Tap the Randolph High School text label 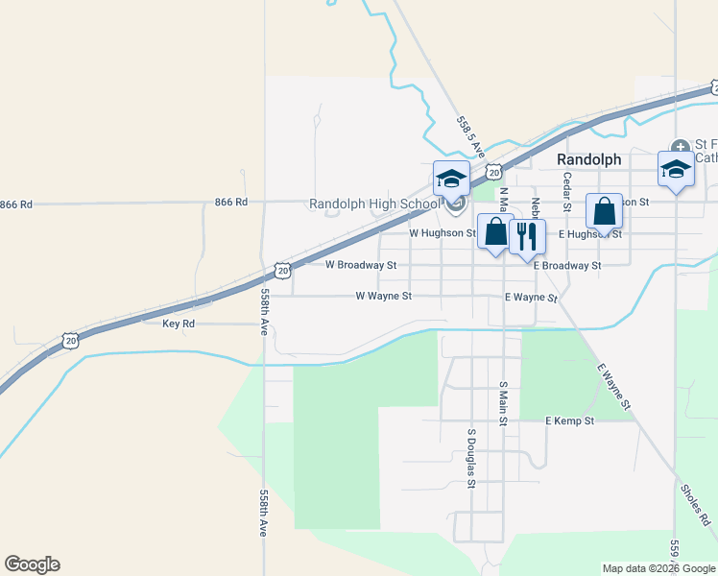(373, 204)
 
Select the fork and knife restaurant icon (526, 236)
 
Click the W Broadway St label (361, 264)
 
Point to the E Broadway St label (567, 265)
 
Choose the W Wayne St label (383, 297)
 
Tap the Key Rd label (179, 324)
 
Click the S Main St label (502, 401)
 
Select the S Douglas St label (471, 457)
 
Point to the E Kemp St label (570, 421)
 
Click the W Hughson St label (443, 233)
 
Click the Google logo (32, 564)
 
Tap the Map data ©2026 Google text (658, 568)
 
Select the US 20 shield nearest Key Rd (70, 341)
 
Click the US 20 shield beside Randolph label (493, 172)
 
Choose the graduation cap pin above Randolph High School (451, 178)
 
